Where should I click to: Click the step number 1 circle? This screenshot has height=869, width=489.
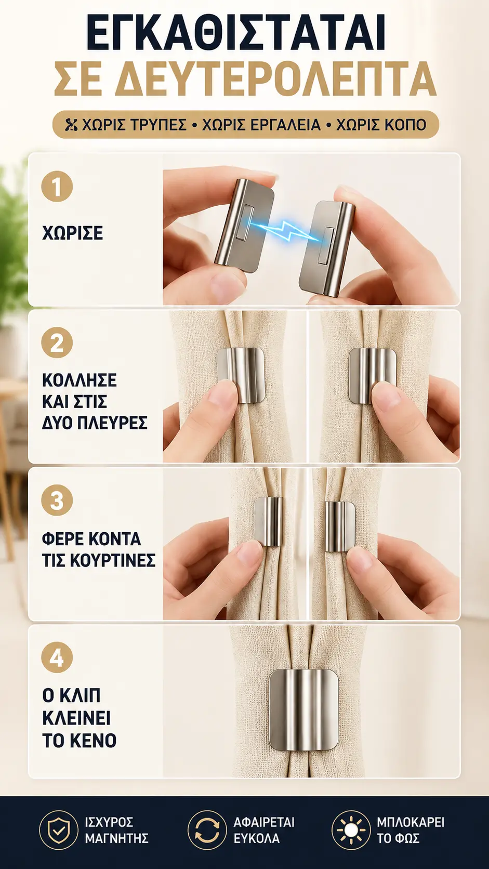point(57,186)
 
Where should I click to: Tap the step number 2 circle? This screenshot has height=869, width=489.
point(57,343)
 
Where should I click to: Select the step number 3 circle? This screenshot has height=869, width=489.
point(57,500)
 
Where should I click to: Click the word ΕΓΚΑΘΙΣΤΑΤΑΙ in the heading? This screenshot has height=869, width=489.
point(236,33)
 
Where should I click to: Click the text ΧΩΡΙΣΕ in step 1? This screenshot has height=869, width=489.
point(73,233)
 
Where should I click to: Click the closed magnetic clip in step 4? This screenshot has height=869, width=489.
point(303,710)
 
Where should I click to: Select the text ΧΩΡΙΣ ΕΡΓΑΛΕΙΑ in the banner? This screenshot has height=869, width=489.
point(262,125)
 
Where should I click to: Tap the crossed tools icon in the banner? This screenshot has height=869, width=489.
point(72,125)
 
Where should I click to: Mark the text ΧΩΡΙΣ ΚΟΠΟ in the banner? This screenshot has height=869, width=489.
point(381,125)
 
